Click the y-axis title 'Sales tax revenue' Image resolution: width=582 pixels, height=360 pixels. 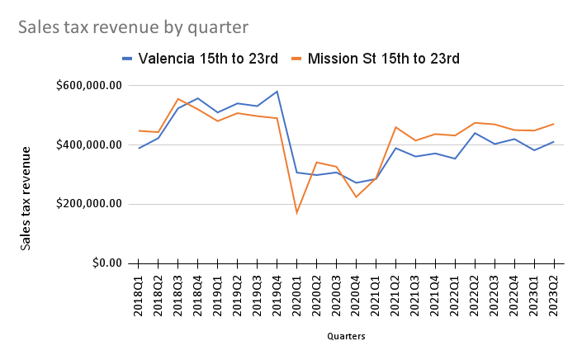(26, 197)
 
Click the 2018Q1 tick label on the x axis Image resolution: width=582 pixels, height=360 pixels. (139, 294)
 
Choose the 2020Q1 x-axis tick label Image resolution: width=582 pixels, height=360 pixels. (297, 294)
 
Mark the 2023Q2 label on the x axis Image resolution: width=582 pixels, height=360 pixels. (554, 294)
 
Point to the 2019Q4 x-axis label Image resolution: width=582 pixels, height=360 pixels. (277, 294)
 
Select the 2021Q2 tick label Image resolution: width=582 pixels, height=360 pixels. (396, 294)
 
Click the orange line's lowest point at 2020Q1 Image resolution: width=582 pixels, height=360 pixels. (296, 213)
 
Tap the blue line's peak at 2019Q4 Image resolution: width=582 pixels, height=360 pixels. (277, 92)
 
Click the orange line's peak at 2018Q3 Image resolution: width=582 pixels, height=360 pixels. (178, 98)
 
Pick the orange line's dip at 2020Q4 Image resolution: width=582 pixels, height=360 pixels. (356, 197)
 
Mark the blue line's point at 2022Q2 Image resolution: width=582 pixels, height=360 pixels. (475, 133)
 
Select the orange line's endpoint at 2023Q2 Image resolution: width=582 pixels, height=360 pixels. (554, 124)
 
